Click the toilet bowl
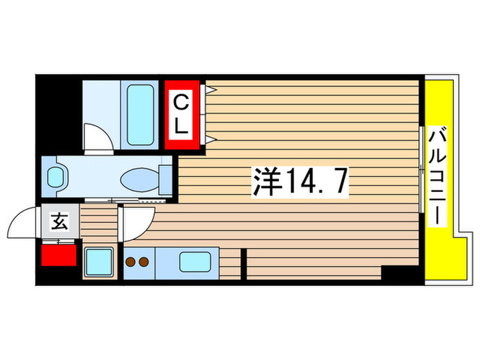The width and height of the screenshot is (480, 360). (x=139, y=180)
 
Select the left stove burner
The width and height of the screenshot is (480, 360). (x=131, y=261)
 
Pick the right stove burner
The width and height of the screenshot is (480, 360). (x=143, y=261)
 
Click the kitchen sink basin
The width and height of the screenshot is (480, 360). (x=195, y=262)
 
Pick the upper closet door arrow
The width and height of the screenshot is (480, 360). (x=213, y=90)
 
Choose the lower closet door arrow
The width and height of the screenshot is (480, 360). (x=213, y=139)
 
